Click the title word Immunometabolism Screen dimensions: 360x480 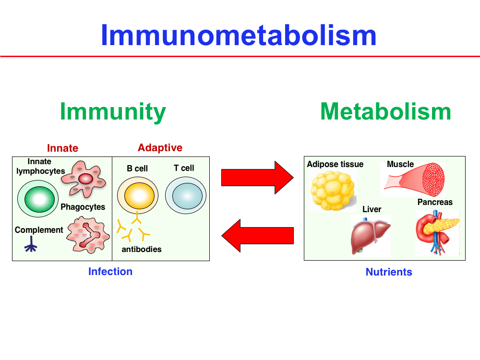tap(239, 35)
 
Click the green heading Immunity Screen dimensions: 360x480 tap(113, 111)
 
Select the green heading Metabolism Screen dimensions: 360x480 tap(385, 111)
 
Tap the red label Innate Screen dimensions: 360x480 tap(62, 148)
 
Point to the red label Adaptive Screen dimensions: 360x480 tap(160, 148)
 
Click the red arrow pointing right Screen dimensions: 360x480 tap(257, 178)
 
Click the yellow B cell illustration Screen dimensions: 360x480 tap(137, 196)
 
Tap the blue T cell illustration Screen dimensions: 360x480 tap(186, 196)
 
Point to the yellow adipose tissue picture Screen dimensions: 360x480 tap(332, 191)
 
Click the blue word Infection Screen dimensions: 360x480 tap(110, 272)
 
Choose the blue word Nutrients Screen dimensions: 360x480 tap(389, 272)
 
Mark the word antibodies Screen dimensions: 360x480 tap(142, 249)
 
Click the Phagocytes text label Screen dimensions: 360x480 tap(83, 207)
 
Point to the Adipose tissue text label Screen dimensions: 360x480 tap(335, 164)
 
